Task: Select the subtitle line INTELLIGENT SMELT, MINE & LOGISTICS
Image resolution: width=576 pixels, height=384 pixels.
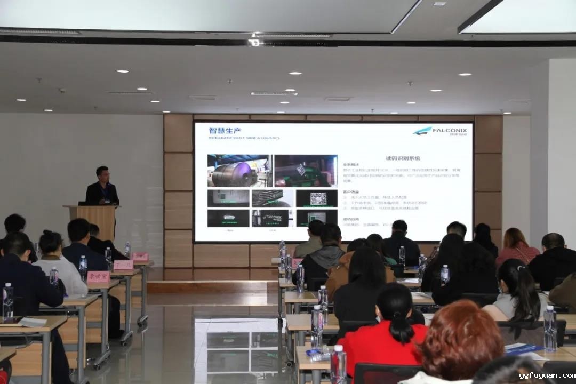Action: click(244, 138)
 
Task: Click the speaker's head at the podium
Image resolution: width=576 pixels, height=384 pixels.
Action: click(102, 173)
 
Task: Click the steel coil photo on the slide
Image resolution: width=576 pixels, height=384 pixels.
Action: click(239, 171)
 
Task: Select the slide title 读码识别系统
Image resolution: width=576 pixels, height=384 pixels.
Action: click(403, 158)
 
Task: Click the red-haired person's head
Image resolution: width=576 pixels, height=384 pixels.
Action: click(461, 333)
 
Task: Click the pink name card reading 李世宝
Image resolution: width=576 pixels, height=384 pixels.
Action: click(99, 277)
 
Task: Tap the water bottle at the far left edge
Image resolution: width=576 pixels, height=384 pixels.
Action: click(7, 301)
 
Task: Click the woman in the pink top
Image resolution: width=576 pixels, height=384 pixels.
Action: click(516, 248)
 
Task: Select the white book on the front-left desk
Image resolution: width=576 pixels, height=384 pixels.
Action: click(32, 322)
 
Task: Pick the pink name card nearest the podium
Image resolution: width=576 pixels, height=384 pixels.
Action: click(140, 257)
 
